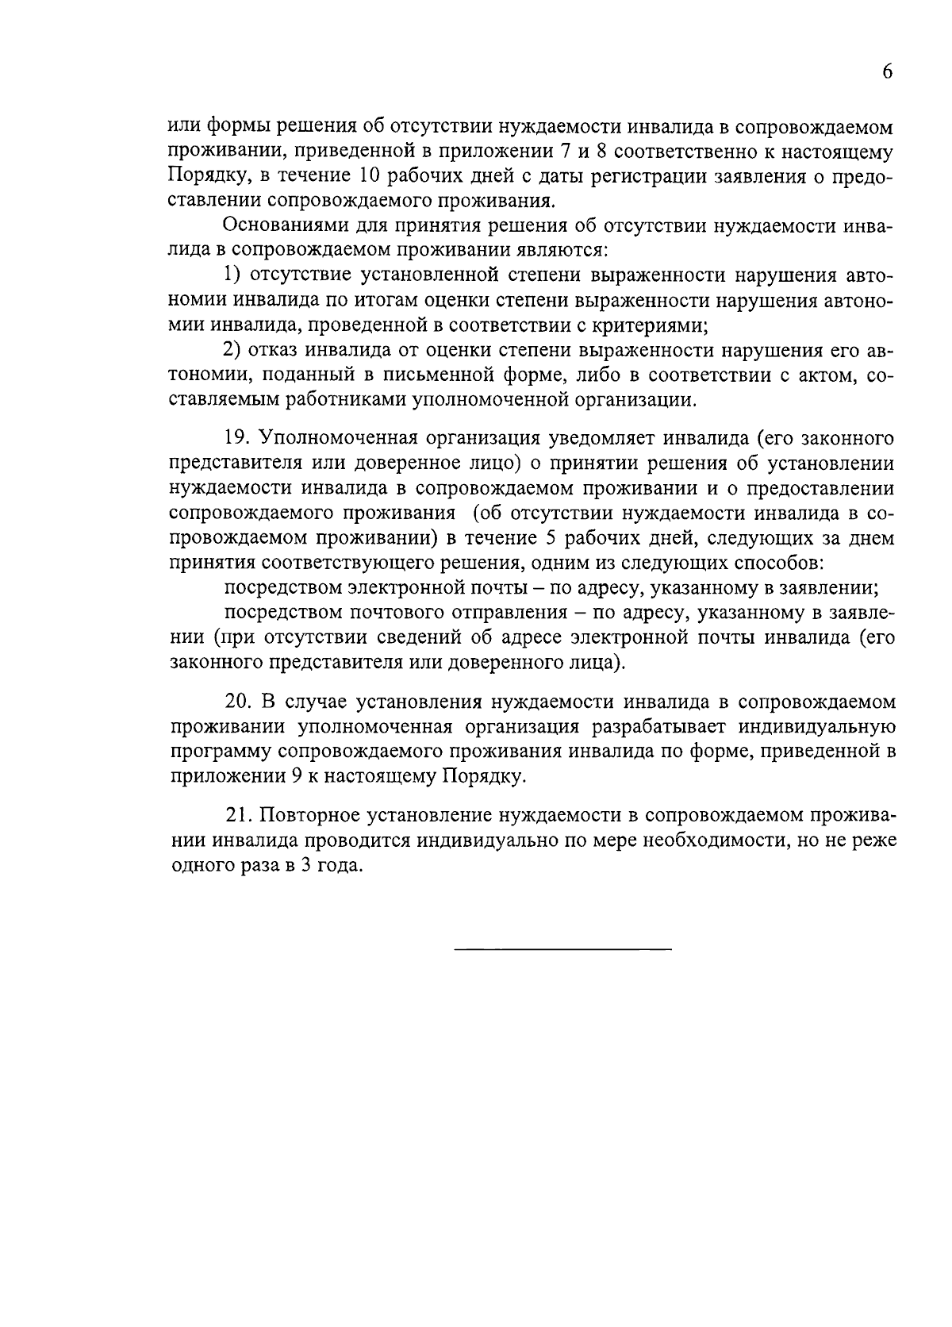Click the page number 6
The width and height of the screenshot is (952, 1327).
(x=887, y=71)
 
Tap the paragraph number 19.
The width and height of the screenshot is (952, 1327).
(x=236, y=438)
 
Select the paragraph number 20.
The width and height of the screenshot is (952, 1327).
(x=238, y=702)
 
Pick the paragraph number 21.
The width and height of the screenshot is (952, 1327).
(x=237, y=815)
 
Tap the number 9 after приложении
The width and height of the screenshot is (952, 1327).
(x=295, y=777)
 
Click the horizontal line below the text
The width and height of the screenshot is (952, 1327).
(x=562, y=949)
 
